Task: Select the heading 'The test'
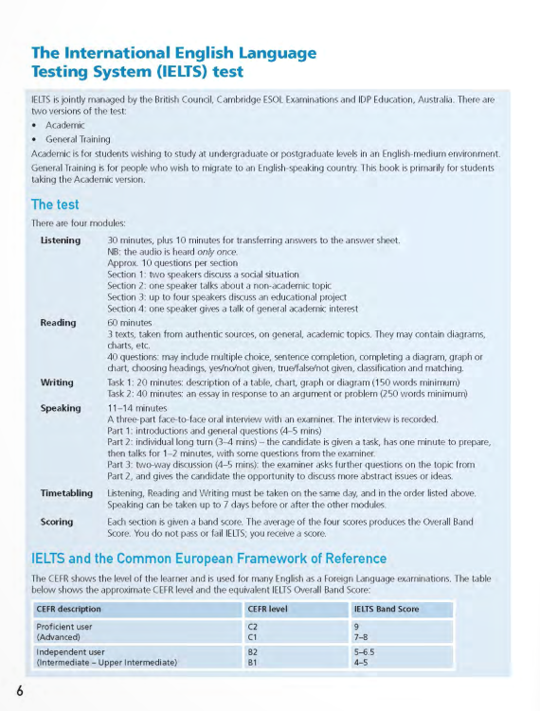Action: [x=55, y=204]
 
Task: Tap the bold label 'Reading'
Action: [x=58, y=323]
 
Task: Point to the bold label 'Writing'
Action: [x=57, y=382]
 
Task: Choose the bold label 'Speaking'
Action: [x=61, y=408]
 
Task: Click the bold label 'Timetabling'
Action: [x=66, y=493]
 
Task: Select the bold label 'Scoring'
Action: [x=57, y=522]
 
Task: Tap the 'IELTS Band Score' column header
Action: [x=386, y=609]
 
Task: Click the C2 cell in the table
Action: [x=253, y=626]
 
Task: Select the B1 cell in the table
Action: [x=253, y=663]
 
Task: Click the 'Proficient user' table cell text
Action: [x=65, y=626]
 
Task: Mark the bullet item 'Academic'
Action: [x=65, y=125]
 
